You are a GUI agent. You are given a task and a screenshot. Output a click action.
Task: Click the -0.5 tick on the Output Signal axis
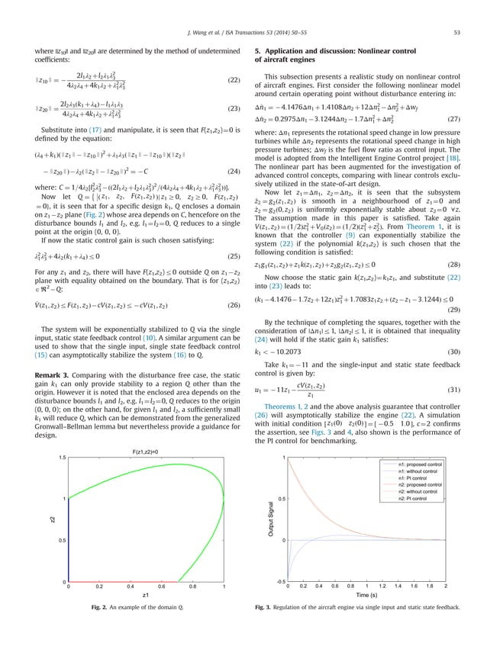coord(278,582)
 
